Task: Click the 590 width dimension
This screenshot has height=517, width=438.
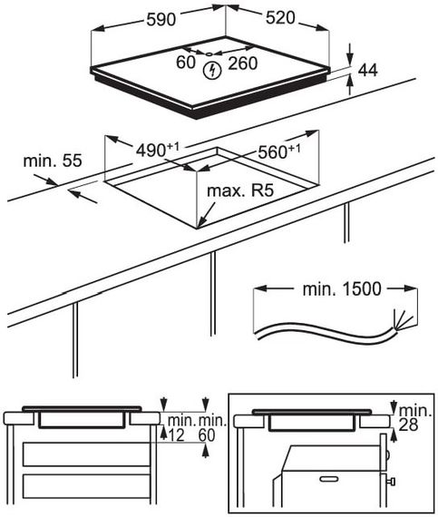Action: point(161,20)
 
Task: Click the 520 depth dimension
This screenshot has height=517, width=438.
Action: point(280,17)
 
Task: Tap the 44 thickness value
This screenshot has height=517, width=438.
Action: point(367,70)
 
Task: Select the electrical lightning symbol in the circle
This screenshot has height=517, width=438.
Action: point(212,71)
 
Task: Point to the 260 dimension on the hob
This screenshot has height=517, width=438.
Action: point(242,63)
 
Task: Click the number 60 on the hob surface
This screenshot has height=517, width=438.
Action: point(186,63)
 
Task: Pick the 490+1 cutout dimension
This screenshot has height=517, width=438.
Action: point(158,150)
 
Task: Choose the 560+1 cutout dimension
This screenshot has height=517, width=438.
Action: point(279,151)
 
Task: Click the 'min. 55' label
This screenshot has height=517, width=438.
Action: point(53,161)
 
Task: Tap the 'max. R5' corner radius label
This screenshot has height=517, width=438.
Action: point(240,190)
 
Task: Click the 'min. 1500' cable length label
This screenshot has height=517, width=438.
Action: point(342,288)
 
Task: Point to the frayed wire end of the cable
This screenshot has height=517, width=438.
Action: point(402,320)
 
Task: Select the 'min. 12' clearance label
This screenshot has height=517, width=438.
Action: point(181,428)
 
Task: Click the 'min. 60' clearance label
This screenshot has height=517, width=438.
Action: point(213,428)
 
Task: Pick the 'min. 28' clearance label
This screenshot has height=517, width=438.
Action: point(414,418)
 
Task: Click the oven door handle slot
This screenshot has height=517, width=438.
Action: point(329,478)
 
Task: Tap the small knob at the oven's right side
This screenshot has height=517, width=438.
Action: point(391,482)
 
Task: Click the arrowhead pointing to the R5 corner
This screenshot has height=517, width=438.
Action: point(201,223)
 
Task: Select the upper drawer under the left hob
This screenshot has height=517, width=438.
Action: point(87,454)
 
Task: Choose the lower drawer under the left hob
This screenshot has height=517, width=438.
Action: point(87,486)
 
